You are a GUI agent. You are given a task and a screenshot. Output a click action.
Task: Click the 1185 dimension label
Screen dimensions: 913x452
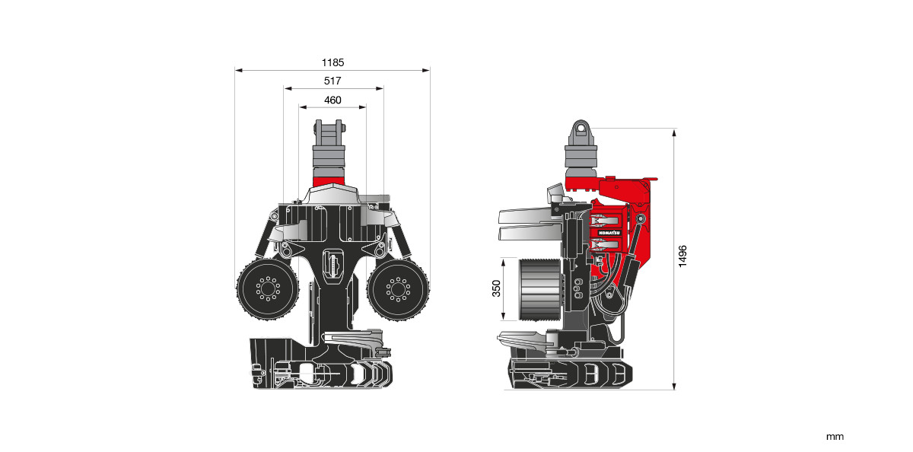[332, 62]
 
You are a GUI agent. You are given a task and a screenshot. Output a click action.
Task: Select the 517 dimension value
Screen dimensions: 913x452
[332, 81]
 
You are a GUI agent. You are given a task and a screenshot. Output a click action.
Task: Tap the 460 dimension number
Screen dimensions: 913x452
[332, 100]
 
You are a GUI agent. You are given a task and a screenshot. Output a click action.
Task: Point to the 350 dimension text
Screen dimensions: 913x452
[496, 288]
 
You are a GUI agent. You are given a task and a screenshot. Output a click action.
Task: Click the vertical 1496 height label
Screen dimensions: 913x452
[682, 256]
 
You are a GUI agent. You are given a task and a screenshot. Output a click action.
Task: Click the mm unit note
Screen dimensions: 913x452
[835, 437]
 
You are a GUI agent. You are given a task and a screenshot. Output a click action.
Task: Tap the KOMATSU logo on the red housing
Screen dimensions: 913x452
[609, 233]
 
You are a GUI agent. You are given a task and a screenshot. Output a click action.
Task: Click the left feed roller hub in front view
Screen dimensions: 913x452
[268, 288]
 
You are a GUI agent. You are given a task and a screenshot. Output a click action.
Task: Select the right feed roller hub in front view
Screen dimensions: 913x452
[398, 289]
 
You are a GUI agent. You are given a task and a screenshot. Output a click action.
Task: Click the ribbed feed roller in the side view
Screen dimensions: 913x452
[539, 289]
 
